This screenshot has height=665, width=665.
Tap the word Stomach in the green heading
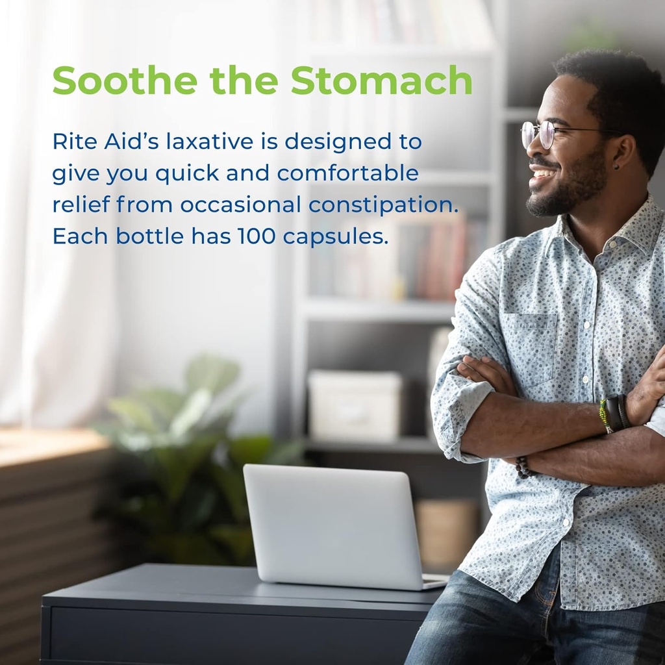point(381,81)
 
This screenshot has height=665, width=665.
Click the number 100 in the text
point(257,236)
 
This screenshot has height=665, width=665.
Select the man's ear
point(623,158)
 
